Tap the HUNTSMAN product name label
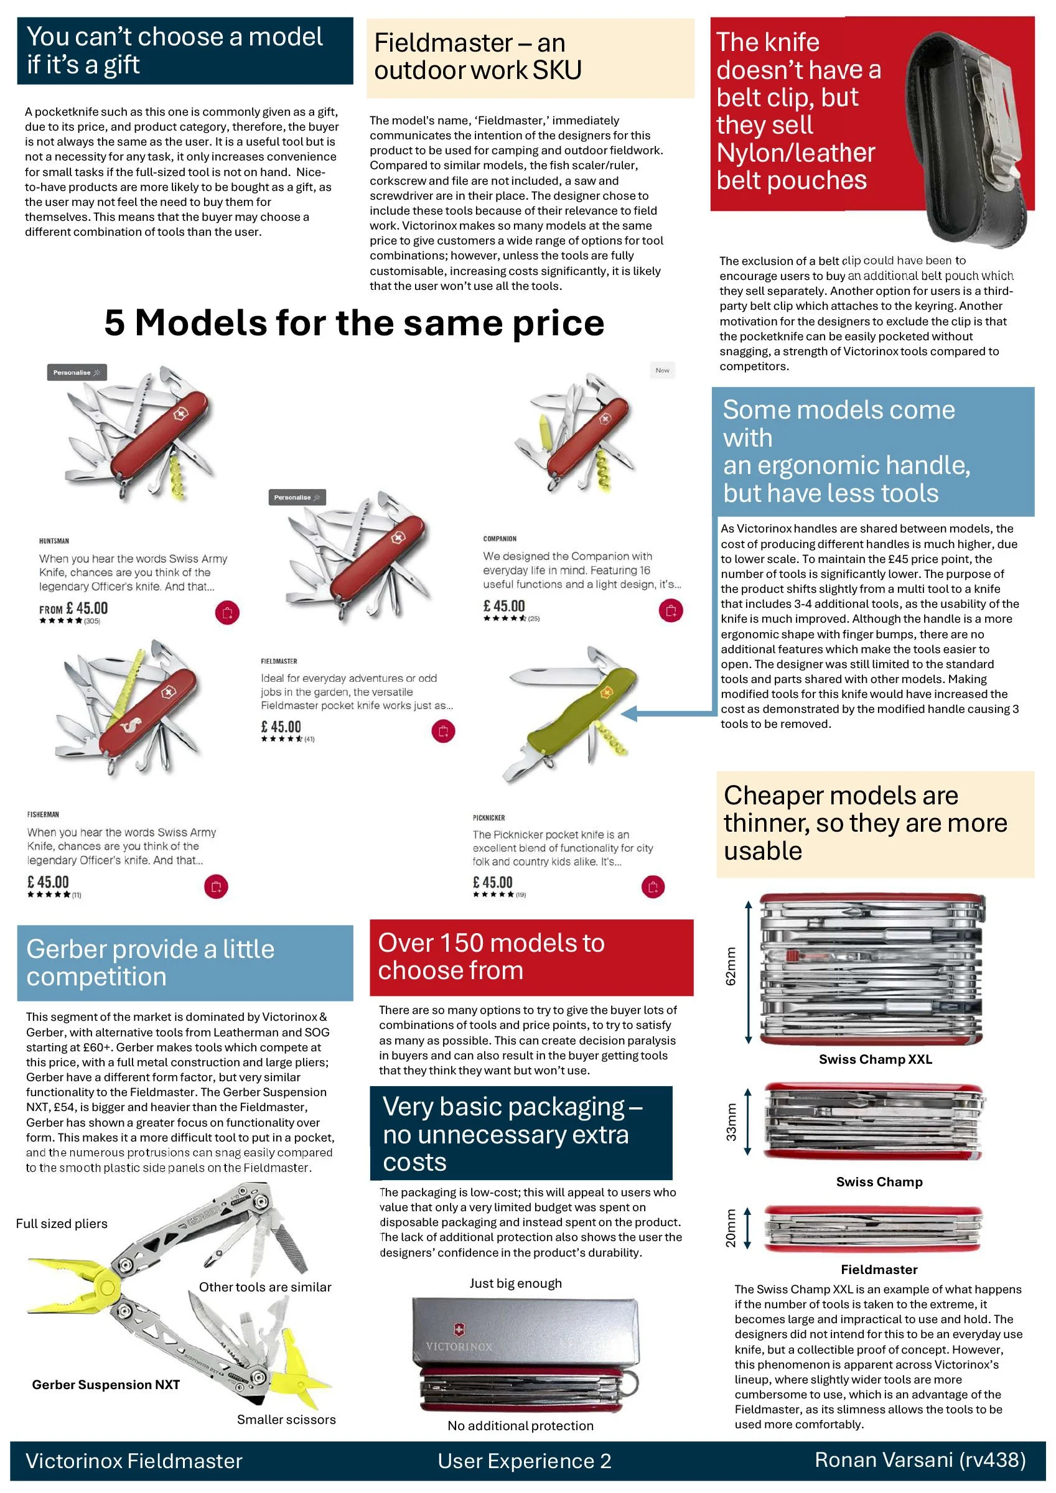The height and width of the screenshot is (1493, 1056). click(54, 541)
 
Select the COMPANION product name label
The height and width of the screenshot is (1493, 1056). click(500, 539)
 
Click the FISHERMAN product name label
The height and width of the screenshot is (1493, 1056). click(43, 814)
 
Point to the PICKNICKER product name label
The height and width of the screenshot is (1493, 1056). click(488, 817)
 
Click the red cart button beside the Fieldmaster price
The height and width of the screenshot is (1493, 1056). click(443, 731)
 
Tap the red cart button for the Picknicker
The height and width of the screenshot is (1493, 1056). click(653, 886)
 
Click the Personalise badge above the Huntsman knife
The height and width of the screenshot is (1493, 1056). click(77, 373)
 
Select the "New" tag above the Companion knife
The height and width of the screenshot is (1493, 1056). click(662, 370)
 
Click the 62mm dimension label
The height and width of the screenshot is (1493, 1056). click(731, 966)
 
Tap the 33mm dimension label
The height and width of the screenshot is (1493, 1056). click(731, 1122)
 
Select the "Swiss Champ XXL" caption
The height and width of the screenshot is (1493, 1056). click(875, 1059)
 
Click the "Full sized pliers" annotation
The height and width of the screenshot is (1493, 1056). click(62, 1224)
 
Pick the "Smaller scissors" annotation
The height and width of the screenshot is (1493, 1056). click(286, 1420)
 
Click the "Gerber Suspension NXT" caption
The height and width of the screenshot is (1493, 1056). click(106, 1384)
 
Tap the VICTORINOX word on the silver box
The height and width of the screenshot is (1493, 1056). click(459, 1346)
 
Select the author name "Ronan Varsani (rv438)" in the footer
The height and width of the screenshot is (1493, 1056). click(920, 1460)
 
